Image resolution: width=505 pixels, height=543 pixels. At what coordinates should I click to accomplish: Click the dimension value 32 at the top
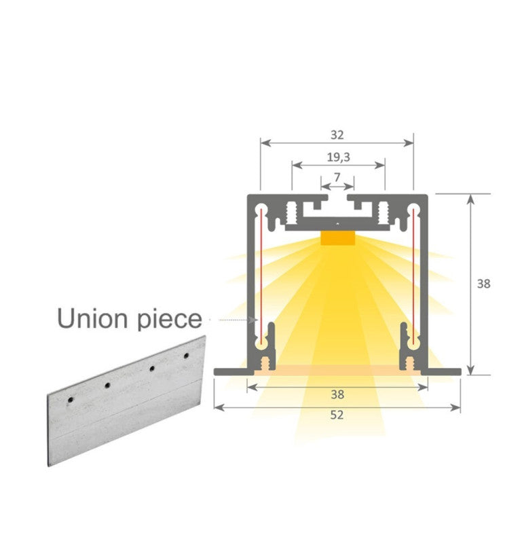(x=337, y=134)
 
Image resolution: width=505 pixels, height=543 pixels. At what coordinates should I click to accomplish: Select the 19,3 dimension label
(x=337, y=157)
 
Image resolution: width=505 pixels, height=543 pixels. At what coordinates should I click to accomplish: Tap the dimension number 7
(x=337, y=177)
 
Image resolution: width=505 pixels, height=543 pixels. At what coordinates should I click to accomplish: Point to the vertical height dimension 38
(x=483, y=284)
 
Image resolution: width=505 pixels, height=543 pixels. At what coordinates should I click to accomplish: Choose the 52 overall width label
(x=337, y=415)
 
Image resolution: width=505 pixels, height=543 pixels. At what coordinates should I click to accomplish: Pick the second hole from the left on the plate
(x=107, y=386)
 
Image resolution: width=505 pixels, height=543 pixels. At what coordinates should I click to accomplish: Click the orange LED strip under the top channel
(x=337, y=238)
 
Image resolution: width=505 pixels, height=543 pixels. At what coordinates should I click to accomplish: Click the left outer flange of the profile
(x=230, y=371)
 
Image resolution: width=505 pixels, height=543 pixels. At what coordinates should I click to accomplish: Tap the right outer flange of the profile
(x=444, y=371)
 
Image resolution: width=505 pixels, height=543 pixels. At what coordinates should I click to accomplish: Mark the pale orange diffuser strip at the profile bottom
(x=337, y=367)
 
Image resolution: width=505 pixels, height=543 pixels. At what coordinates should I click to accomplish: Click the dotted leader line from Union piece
(x=231, y=318)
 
